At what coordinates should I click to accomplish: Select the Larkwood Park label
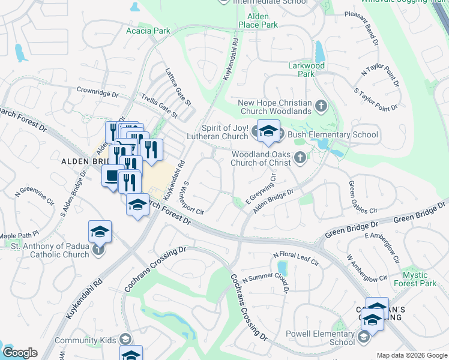[x=307, y=70]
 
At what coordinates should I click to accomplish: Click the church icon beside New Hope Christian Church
[x=321, y=106]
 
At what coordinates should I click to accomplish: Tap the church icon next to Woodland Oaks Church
[x=300, y=159]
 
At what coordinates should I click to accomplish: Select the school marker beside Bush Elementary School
[x=268, y=132]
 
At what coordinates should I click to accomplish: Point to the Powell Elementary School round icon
[x=363, y=338]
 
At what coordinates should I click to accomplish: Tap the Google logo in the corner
[x=20, y=352]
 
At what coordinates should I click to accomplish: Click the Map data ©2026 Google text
[x=411, y=355]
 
